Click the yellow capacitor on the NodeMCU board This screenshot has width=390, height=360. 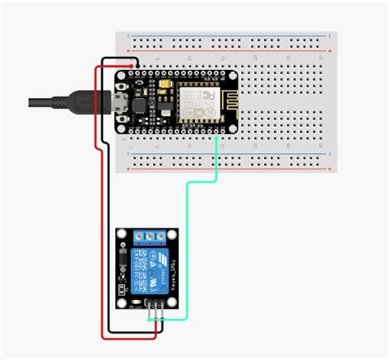(165, 85)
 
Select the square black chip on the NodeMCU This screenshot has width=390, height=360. (139, 105)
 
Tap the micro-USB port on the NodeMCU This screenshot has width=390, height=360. (122, 101)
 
